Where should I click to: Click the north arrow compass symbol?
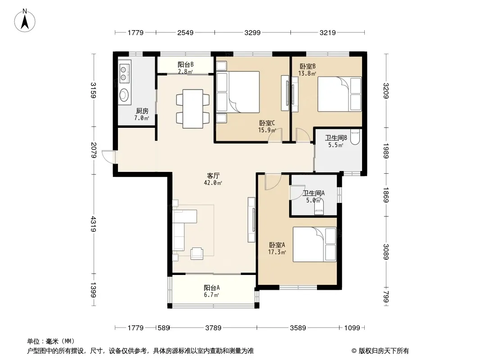tap(25, 21)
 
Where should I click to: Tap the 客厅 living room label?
tap(213, 176)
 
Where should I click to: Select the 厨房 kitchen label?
tap(142, 111)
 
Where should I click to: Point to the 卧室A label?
tap(277, 245)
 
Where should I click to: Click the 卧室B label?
tap(308, 66)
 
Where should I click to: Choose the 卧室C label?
tap(267, 123)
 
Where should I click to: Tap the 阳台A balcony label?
tap(212, 288)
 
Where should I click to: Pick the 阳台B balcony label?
tap(186, 65)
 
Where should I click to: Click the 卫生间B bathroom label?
tap(336, 138)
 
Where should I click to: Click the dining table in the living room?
tap(193, 108)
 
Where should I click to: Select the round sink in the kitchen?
tap(124, 95)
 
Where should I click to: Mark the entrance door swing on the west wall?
tap(109, 157)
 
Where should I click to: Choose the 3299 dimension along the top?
tap(252, 32)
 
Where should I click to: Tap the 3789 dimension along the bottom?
tap(213, 328)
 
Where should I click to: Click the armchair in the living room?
tap(197, 253)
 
